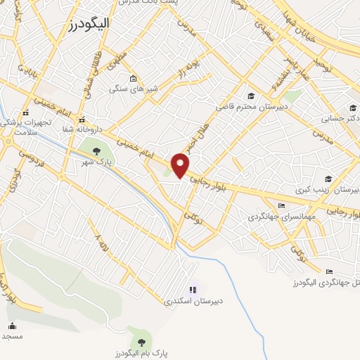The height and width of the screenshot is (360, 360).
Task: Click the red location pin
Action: coord(181,165)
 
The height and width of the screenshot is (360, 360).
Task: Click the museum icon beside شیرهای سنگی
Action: coord(134,78)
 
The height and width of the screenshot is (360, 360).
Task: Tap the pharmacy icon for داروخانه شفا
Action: coord(82,120)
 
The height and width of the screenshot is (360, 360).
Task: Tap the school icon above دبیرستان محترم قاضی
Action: coord(250,96)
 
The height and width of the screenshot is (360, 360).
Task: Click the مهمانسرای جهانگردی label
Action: coord(278,217)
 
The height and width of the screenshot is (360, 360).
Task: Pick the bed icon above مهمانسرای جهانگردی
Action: coord(282,205)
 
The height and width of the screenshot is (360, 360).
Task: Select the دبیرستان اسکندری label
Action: coord(193,301)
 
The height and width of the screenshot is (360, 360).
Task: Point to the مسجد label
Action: coord(12,336)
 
